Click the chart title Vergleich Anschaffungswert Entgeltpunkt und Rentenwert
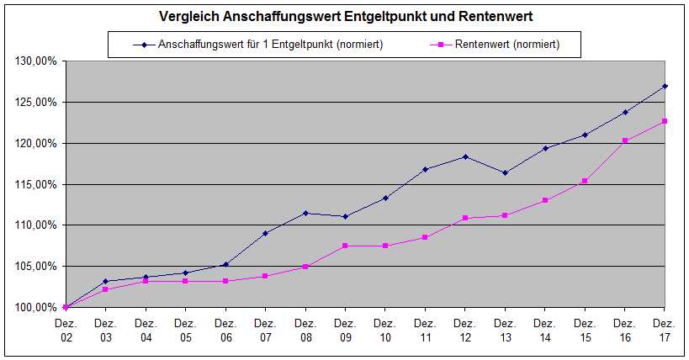tap(345, 16)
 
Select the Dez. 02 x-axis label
tap(66, 330)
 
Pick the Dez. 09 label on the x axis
tap(345, 330)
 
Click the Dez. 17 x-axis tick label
tap(665, 330)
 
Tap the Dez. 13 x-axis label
tap(505, 330)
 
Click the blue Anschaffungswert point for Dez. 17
tap(665, 86)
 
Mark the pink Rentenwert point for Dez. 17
tap(665, 121)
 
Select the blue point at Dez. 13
tap(505, 172)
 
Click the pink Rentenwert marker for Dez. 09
tap(345, 246)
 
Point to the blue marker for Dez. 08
tap(305, 213)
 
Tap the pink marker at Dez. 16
tap(625, 140)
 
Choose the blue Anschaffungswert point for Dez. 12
tap(465, 156)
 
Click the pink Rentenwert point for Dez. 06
tap(225, 281)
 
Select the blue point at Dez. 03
tap(105, 281)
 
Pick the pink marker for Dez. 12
tap(465, 218)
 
